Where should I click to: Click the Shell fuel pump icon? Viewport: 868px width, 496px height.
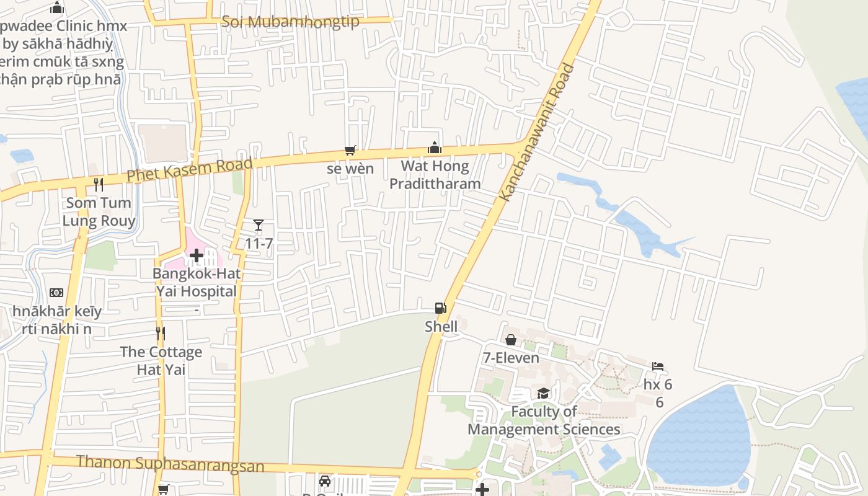click(440, 308)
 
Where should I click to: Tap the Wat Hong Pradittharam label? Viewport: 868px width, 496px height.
click(435, 175)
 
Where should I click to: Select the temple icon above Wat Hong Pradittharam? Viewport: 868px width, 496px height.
click(435, 148)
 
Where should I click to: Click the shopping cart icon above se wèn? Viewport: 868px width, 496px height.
click(350, 150)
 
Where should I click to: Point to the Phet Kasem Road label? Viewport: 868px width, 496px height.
click(190, 169)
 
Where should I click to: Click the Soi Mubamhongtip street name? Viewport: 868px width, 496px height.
click(291, 22)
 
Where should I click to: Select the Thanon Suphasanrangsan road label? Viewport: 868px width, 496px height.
click(170, 464)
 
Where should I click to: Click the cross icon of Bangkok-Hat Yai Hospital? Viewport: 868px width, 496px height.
click(197, 255)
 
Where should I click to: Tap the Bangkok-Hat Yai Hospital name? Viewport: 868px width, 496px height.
click(197, 282)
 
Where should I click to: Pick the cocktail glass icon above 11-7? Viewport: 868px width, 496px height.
click(259, 225)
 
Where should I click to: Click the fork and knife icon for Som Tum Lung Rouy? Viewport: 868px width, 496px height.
click(98, 184)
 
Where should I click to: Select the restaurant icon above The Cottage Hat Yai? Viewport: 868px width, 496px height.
click(161, 334)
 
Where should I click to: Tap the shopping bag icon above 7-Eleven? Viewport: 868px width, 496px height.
click(511, 340)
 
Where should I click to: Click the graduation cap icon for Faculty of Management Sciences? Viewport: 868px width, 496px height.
click(543, 393)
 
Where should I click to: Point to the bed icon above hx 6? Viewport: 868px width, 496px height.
click(658, 366)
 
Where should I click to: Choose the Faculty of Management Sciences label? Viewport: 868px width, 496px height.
click(544, 420)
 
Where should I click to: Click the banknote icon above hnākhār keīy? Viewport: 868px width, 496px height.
click(56, 293)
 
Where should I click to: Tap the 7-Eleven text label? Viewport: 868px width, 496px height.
click(511, 358)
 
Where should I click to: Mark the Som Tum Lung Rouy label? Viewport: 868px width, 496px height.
click(99, 211)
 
